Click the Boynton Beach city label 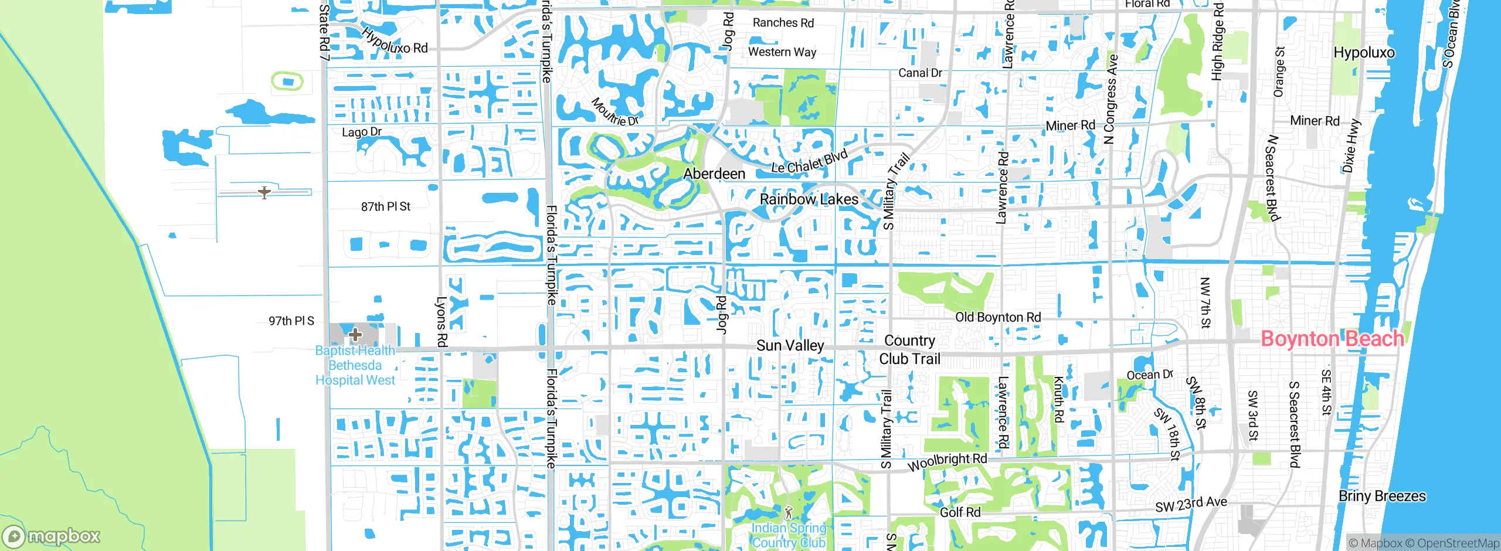[x=1332, y=339]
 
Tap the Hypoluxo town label [x=1364, y=53]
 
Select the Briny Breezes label [x=1382, y=496]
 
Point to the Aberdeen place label [x=714, y=174]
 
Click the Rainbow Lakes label [x=809, y=199]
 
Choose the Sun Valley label [x=790, y=345]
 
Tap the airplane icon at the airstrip [x=264, y=192]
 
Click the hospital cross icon [x=355, y=335]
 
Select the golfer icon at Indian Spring [x=789, y=512]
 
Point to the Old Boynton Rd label [x=998, y=317]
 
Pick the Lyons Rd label [x=442, y=321]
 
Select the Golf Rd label [x=960, y=512]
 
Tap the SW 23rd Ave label [x=1191, y=504]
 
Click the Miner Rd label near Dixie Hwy [x=1315, y=121]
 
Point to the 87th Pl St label [x=385, y=206]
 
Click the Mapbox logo [x=52, y=536]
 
